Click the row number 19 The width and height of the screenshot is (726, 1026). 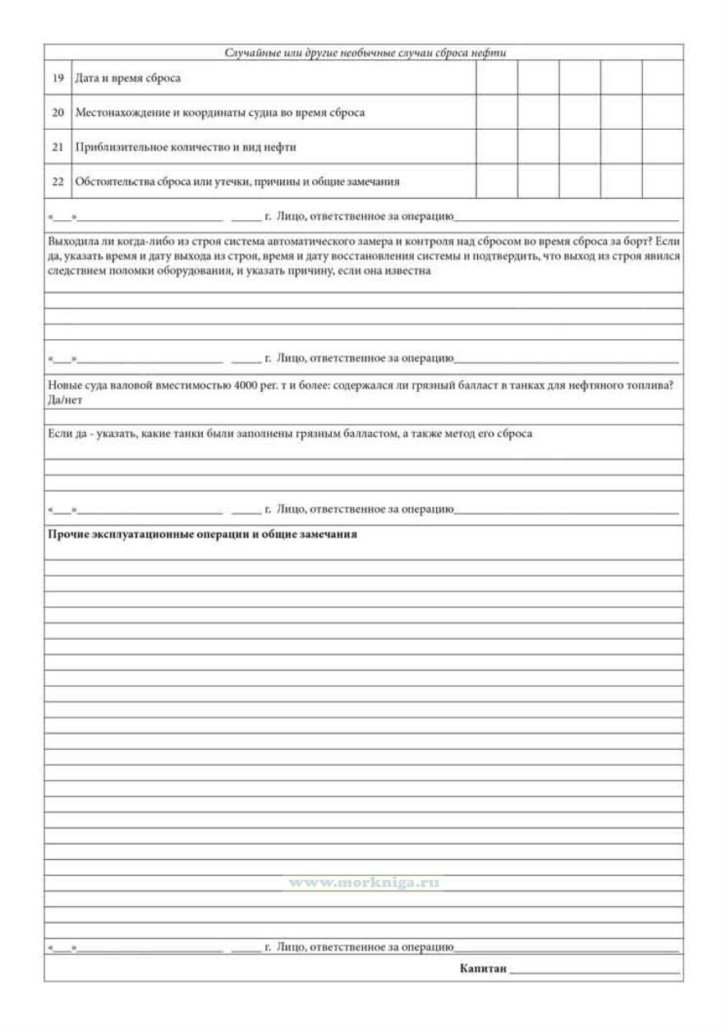57,79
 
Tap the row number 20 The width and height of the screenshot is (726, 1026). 57,113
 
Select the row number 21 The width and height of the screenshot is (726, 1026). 57,148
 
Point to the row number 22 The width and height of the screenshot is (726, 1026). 57,182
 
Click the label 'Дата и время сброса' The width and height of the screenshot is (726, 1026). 127,79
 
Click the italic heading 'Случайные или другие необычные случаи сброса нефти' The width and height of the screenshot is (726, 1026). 365,53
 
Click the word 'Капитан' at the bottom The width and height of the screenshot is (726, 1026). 483,969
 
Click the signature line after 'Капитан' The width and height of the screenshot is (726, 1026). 595,971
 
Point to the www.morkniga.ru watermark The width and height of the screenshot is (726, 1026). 362,883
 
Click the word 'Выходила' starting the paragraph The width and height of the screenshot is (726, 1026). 71,243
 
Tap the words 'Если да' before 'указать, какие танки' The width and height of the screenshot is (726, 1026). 63,434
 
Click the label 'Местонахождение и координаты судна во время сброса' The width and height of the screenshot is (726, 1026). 219,113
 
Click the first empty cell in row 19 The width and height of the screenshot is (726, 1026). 497,79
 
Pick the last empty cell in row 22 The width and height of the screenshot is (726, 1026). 662,182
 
